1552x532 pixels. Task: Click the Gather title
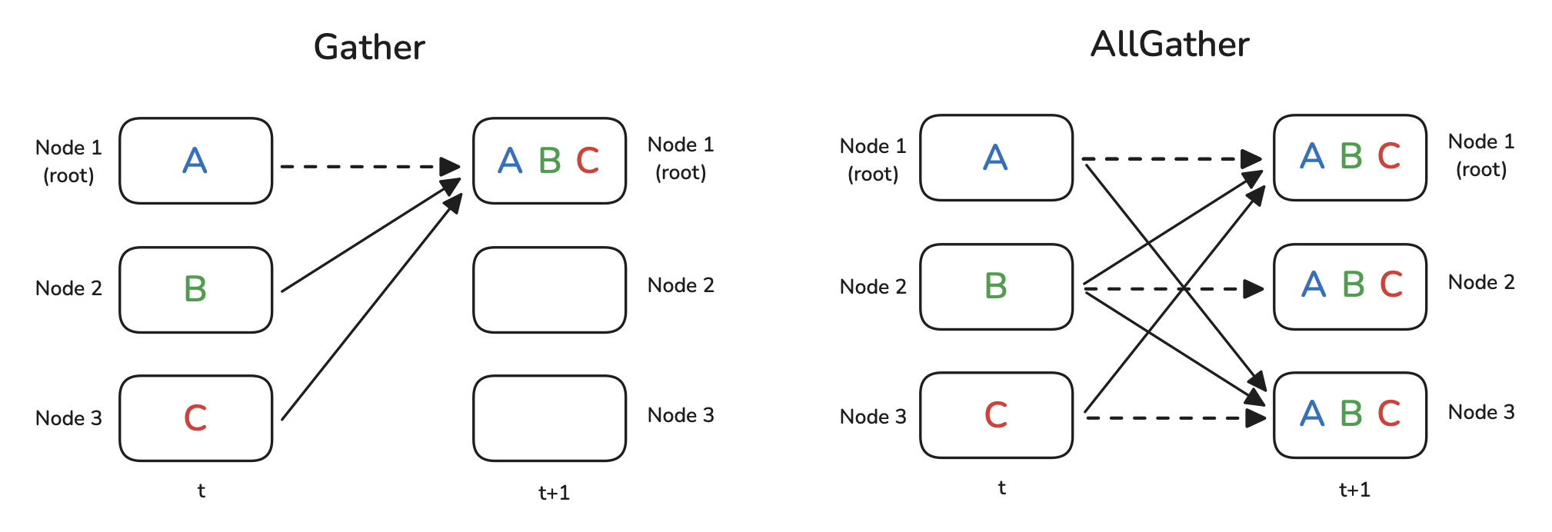(369, 48)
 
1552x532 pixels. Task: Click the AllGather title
(1170, 45)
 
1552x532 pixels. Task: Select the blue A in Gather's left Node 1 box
(195, 161)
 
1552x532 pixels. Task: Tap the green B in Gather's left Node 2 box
(195, 289)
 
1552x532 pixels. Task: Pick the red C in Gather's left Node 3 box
(195, 418)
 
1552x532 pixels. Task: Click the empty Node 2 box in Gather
(549, 290)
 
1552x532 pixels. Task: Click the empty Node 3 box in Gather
(549, 418)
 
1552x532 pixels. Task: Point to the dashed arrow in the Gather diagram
(361, 166)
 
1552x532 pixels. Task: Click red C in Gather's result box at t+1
(588, 161)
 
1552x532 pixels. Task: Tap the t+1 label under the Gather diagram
(554, 493)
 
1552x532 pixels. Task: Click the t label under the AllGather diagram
(1001, 487)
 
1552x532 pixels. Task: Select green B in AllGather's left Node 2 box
(996, 286)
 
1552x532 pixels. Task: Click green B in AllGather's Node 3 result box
(1351, 414)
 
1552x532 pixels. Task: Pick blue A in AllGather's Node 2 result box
(1314, 284)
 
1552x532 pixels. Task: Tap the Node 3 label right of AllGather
(1481, 412)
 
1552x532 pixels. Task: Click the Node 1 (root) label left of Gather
(68, 161)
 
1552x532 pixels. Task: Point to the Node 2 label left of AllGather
(873, 287)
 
